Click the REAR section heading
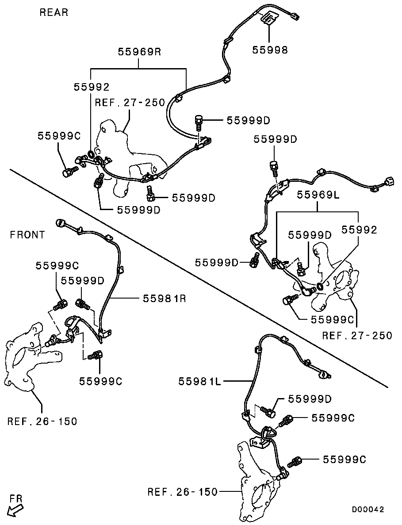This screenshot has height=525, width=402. point(54,12)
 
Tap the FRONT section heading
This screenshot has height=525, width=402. point(27,235)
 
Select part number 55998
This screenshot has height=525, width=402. point(270,50)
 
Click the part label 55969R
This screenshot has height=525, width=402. point(140,52)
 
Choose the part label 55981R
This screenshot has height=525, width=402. point(164,299)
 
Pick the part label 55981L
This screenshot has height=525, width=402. point(199,381)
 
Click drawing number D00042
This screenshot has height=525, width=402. point(368,510)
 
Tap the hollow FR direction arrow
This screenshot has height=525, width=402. point(16,510)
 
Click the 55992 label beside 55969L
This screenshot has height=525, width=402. point(359,230)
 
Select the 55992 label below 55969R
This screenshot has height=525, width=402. point(91,87)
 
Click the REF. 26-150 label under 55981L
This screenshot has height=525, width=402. point(183,491)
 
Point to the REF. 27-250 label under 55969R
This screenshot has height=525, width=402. point(130,103)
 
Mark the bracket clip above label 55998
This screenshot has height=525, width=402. point(268,19)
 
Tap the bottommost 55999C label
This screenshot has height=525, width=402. point(345,460)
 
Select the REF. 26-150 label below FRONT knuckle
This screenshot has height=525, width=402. point(42,421)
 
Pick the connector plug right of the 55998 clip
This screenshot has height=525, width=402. point(295,17)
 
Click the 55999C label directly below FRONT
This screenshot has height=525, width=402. point(57,265)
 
